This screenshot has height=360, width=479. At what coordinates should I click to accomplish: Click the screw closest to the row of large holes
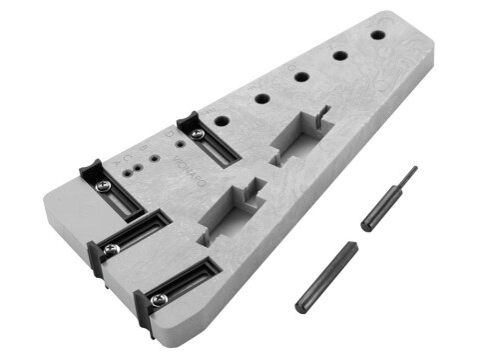[199, 133]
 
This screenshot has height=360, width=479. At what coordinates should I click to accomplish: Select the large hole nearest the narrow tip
[377, 34]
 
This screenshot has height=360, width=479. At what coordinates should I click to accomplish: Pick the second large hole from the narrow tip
[339, 54]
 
